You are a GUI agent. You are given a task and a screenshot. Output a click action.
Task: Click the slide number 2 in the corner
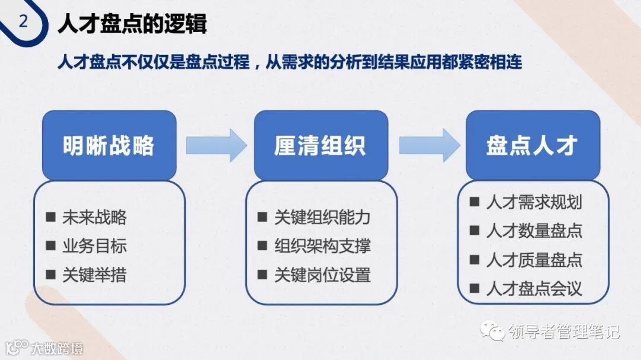[23, 22]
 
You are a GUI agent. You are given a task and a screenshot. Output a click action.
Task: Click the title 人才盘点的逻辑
[132, 24]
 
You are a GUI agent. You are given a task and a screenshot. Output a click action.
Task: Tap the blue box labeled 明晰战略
[109, 145]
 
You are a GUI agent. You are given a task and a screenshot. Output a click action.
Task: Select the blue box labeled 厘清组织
[320, 145]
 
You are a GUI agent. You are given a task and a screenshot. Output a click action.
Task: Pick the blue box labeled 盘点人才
[532, 145]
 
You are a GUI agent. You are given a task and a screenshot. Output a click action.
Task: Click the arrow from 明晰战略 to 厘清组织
[215, 145]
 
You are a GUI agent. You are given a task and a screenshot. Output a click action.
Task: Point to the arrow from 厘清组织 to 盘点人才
[429, 145]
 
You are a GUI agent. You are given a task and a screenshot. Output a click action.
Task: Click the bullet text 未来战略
[94, 217]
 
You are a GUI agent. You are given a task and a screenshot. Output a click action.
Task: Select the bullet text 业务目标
[94, 246]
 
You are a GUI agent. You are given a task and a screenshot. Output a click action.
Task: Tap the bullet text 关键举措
[94, 275]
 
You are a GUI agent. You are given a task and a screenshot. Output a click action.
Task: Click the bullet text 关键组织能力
[322, 217]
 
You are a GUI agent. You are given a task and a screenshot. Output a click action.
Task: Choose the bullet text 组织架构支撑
[322, 246]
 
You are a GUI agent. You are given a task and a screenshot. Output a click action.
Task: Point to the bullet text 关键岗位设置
[322, 275]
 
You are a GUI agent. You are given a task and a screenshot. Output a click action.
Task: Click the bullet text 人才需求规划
[534, 202]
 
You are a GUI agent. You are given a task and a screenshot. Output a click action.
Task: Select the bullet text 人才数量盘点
[534, 231]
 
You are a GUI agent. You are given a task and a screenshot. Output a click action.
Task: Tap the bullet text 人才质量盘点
[534, 260]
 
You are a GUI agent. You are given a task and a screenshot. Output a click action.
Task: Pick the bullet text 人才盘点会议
[534, 289]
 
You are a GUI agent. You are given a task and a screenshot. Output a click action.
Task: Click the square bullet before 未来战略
[50, 216]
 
